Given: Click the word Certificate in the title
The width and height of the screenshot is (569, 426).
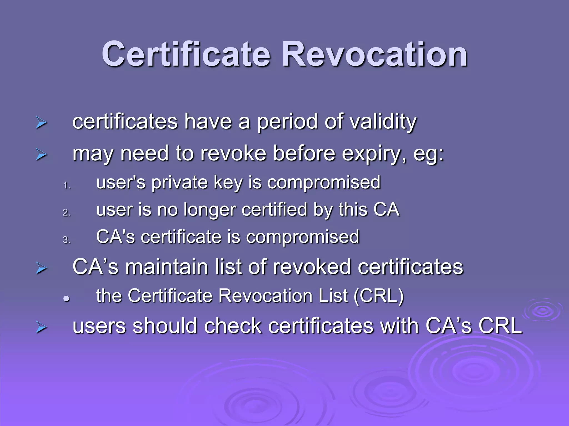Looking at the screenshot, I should (186, 54).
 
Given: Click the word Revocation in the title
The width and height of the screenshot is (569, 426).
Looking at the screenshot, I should (375, 54).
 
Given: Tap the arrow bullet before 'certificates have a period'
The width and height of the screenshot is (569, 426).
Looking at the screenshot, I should (41, 123).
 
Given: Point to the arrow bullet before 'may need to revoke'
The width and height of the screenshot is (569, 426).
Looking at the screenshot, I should (41, 154).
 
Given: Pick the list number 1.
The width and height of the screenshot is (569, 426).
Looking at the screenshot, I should (66, 185).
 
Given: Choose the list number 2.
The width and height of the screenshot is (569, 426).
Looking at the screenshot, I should (66, 212).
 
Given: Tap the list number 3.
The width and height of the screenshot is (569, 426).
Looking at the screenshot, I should (66, 240).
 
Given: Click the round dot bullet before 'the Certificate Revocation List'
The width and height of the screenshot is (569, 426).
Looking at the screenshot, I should (66, 299).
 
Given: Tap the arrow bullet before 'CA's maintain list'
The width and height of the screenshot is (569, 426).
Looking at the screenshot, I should (41, 268).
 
